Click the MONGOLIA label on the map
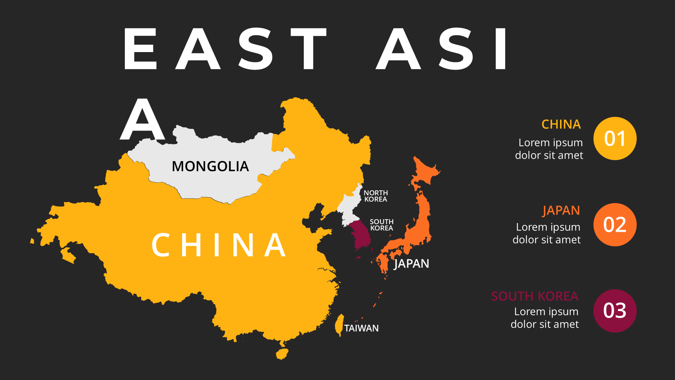(x=210, y=166)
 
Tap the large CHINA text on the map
(x=219, y=245)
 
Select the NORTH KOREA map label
(x=375, y=196)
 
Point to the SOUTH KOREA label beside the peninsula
(x=381, y=225)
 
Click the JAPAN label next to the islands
(x=411, y=264)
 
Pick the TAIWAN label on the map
(x=361, y=328)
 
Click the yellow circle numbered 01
(x=615, y=139)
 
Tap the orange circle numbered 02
(x=615, y=224)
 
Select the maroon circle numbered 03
(x=615, y=311)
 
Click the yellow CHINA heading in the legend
(x=561, y=125)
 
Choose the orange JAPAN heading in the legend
(x=561, y=210)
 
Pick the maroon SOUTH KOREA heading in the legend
(x=534, y=296)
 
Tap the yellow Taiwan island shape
(x=339, y=324)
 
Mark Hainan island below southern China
(x=282, y=354)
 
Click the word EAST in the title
(x=225, y=49)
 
